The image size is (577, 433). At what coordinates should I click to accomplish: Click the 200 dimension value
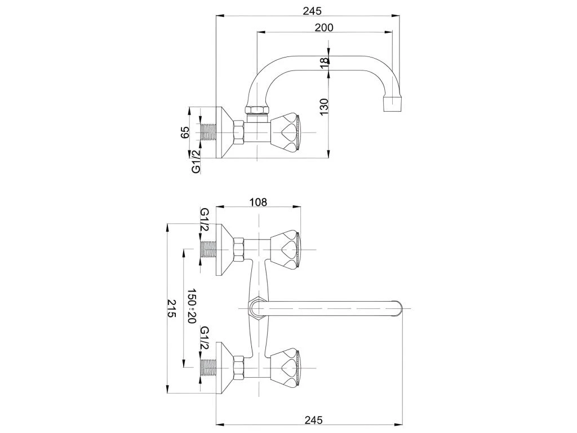pos(324,28)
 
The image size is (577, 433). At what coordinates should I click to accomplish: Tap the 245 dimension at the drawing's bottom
pos(313,419)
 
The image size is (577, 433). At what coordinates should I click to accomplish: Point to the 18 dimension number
pos(324,63)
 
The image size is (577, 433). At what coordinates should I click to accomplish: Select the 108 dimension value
pos(257,202)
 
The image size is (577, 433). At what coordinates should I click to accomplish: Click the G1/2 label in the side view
pos(196,161)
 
